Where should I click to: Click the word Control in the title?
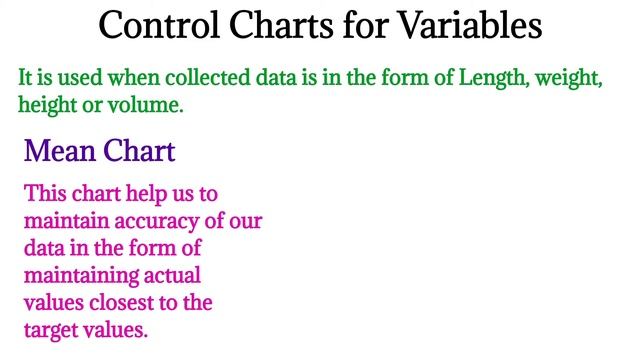pyautogui.click(x=159, y=24)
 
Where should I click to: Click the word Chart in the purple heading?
pyautogui.click(x=139, y=152)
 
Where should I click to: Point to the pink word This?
pyautogui.click(x=46, y=192)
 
